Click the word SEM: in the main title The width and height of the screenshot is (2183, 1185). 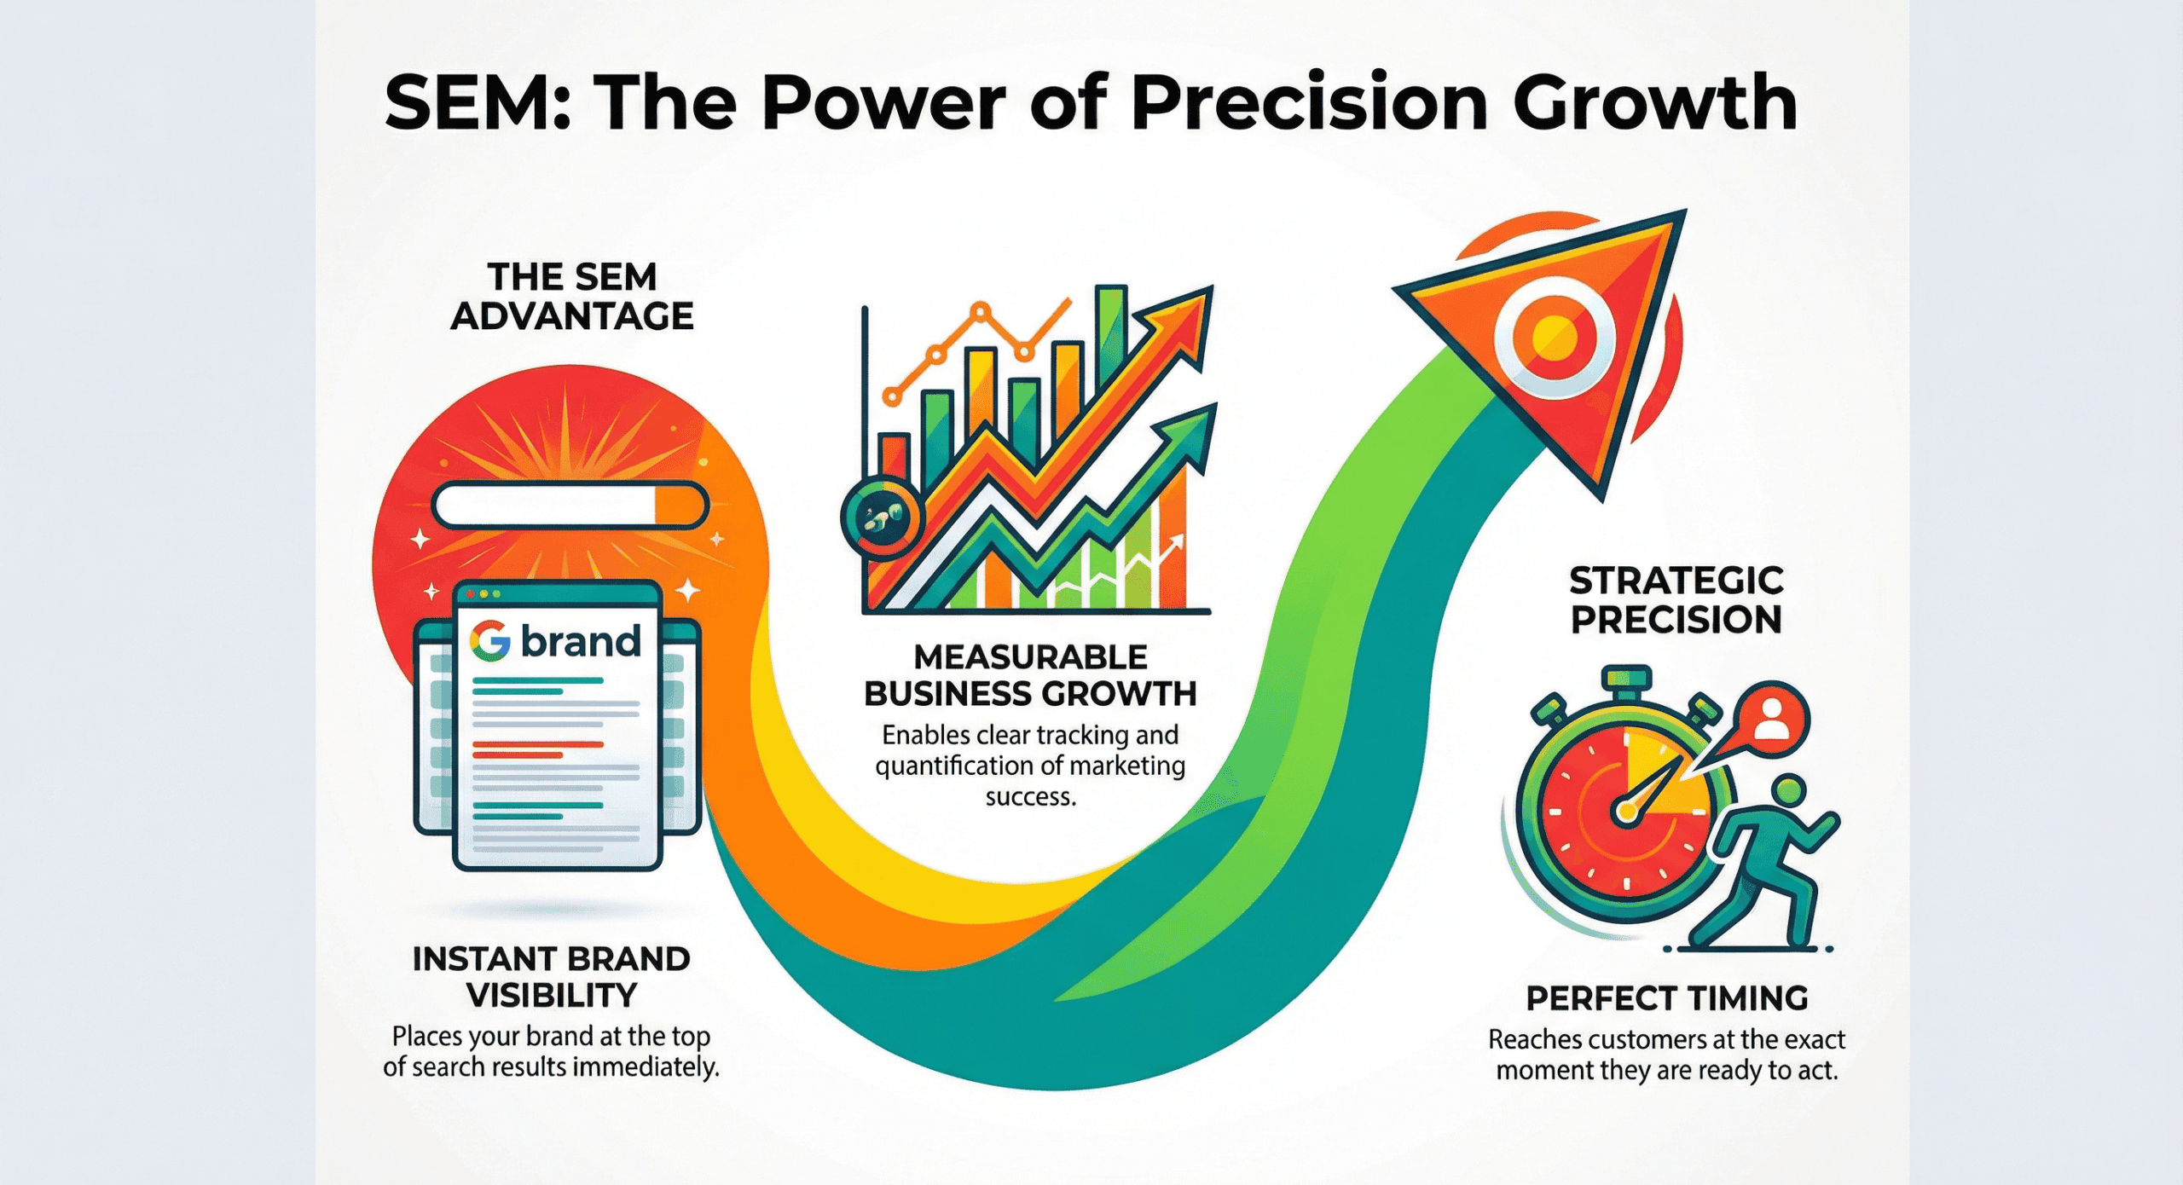pos(478,104)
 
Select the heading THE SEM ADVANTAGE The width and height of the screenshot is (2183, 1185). pos(572,297)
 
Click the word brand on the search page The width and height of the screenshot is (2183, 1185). pos(581,641)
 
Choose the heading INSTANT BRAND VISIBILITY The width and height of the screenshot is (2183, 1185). pos(551,977)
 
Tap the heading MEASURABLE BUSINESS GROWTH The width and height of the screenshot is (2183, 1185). pos(1030,675)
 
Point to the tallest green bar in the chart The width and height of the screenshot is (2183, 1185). pos(1111,341)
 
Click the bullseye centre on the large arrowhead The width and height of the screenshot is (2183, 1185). pos(1554,338)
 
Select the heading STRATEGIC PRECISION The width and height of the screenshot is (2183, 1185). pos(1676,600)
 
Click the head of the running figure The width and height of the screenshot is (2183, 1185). pos(1788,789)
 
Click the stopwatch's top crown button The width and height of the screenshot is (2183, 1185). pos(1626,679)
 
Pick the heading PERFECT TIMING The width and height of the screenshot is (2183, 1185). pos(1666,998)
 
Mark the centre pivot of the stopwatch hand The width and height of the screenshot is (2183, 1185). pos(1627,812)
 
